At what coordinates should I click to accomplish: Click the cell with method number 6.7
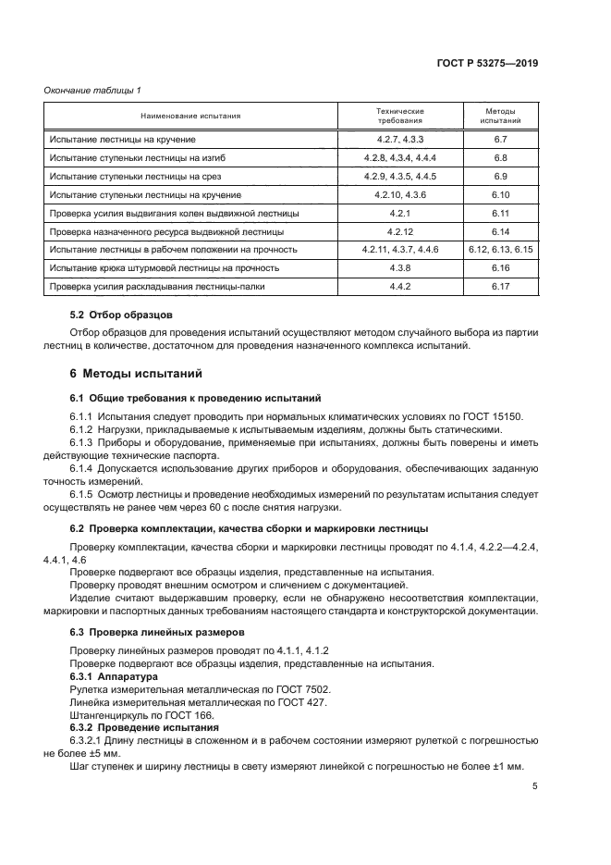point(501,140)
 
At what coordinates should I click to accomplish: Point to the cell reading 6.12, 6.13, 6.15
point(501,250)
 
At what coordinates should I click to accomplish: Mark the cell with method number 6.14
point(501,231)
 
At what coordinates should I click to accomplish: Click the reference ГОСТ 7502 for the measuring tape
point(300,689)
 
